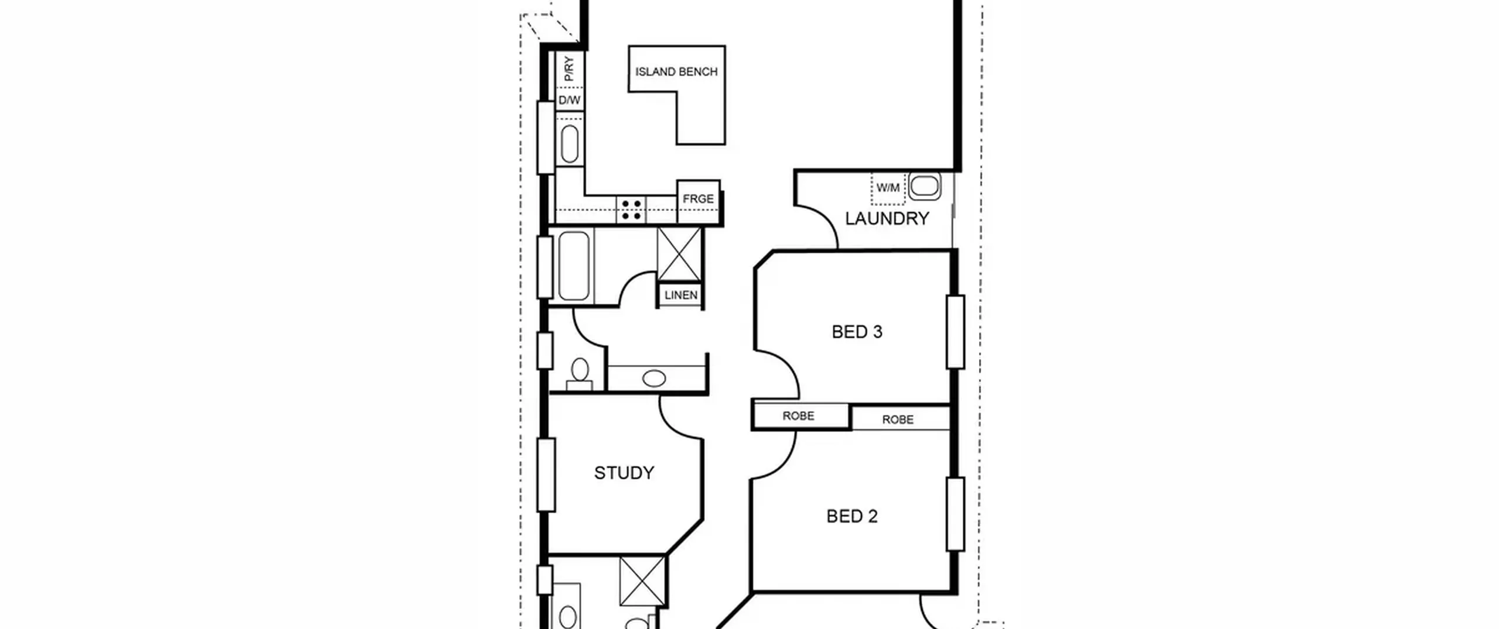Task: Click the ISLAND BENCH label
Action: [676, 72]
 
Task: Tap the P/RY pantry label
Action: [569, 69]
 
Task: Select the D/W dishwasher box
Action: [569, 99]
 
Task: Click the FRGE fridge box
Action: [699, 202]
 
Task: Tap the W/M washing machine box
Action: [888, 188]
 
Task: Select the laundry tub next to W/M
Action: [925, 186]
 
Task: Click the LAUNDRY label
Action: [887, 219]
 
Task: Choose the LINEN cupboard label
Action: [681, 295]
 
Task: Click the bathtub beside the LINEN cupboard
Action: [574, 266]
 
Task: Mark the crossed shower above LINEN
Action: [679, 255]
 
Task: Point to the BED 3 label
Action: [857, 332]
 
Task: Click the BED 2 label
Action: [852, 516]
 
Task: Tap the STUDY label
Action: [624, 473]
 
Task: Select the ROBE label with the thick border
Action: [798, 415]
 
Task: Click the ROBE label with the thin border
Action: [898, 420]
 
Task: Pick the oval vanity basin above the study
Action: [654, 379]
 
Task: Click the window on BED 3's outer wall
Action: [956, 332]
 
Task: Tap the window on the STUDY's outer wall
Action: [546, 475]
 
